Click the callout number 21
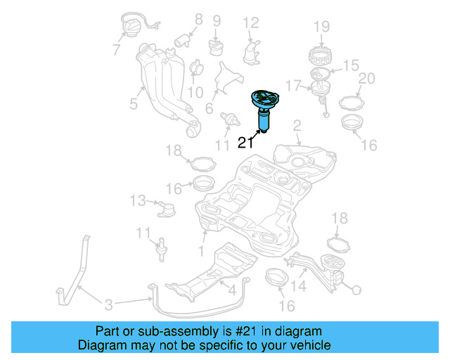coord(244,143)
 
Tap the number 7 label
coord(116,49)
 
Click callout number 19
coord(321,27)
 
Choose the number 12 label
coord(250,23)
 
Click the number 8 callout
coord(198,19)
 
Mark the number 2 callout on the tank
coord(297,126)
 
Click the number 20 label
coord(366,78)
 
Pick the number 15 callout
coord(350,65)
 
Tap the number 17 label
coord(294,86)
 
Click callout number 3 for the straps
coord(108,304)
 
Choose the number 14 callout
coord(299,285)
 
